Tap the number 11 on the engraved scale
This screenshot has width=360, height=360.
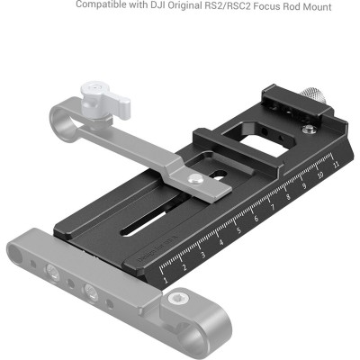click(x=335, y=164)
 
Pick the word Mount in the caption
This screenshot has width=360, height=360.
click(x=314, y=7)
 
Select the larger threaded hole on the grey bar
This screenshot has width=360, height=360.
click(x=90, y=292)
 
